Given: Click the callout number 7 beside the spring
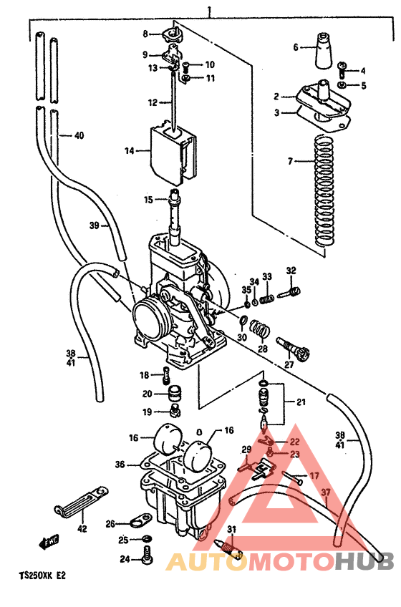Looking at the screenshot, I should tap(291, 162).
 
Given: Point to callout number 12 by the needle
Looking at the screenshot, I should tap(153, 103).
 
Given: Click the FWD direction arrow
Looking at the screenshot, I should tap(49, 542).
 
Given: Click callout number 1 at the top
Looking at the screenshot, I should tap(210, 11).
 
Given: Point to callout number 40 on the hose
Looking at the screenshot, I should tap(79, 135).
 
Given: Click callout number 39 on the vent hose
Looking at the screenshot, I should tap(94, 226).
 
